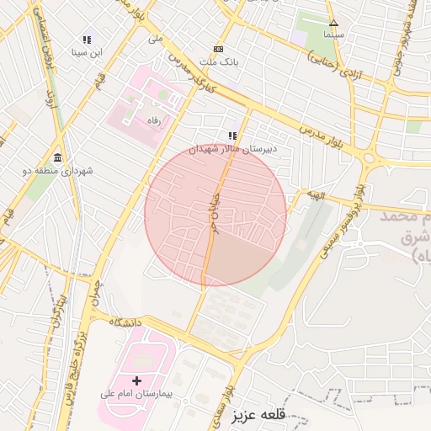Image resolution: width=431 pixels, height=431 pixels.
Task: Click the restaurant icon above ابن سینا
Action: [87, 40]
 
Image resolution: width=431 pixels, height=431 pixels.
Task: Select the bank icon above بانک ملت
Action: [219, 49]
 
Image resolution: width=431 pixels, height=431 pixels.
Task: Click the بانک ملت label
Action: [219, 62]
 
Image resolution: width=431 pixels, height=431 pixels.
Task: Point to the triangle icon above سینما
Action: [333, 23]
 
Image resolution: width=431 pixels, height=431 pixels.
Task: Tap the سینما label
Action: [333, 35]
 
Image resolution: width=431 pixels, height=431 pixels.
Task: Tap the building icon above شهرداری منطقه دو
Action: [57, 158]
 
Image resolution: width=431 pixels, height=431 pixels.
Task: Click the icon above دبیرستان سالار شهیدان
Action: [232, 136]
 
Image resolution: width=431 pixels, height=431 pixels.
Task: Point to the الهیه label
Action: [315, 195]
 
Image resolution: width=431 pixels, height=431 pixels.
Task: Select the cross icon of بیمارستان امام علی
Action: [136, 381]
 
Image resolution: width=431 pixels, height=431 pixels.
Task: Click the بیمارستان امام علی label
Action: [137, 394]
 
